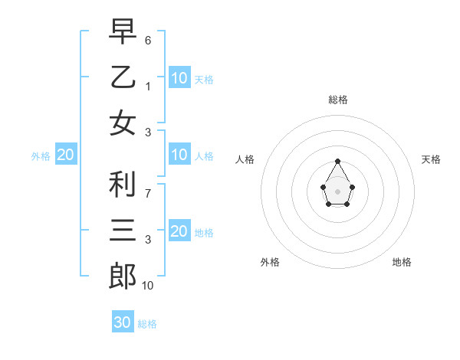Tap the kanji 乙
click(x=123, y=77)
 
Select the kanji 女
click(x=123, y=123)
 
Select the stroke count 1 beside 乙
click(x=148, y=87)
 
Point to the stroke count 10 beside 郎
click(x=148, y=286)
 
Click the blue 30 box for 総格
click(x=123, y=322)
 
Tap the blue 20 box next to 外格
click(x=65, y=155)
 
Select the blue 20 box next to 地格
click(x=179, y=231)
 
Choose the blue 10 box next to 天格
click(x=179, y=77)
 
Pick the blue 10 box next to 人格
click(x=179, y=155)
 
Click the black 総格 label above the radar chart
click(x=337, y=100)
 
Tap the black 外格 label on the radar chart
click(x=270, y=262)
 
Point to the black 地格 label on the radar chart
click(x=402, y=262)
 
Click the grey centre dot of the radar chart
click(x=337, y=191)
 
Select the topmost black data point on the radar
click(x=337, y=161)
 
